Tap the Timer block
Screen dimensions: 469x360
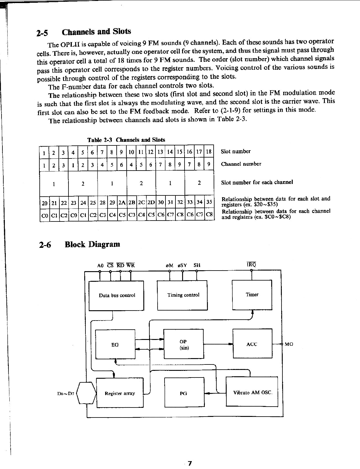[x=252, y=294]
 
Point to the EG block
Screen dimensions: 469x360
[x=115, y=344]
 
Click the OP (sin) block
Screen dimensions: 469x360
[x=183, y=344]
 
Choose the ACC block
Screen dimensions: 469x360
[x=252, y=344]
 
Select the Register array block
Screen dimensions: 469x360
[x=120, y=393]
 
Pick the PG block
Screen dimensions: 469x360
[x=184, y=393]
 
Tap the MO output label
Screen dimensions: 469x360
[x=289, y=344]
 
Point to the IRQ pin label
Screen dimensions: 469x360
[x=252, y=264]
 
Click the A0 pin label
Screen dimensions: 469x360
[x=100, y=265]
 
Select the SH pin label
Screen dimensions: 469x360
[x=197, y=265]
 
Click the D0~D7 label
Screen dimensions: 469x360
[x=65, y=394]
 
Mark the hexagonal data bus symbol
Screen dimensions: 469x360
[x=86, y=394]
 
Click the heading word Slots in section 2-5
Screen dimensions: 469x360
[x=122, y=32]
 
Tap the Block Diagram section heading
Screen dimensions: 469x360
[x=92, y=244]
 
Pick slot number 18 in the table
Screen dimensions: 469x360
[x=208, y=151]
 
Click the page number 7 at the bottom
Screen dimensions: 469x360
[x=190, y=463]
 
